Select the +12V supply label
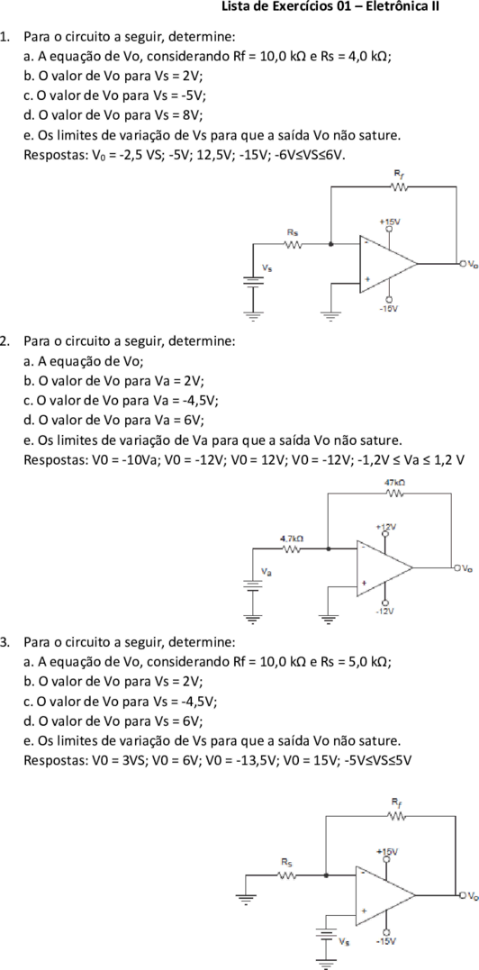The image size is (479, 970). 385,527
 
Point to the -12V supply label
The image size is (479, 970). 385,611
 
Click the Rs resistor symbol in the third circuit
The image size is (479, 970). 287,875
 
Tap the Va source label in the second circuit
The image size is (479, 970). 266,573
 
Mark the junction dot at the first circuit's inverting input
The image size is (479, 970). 331,244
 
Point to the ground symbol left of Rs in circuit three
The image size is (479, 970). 246,898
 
